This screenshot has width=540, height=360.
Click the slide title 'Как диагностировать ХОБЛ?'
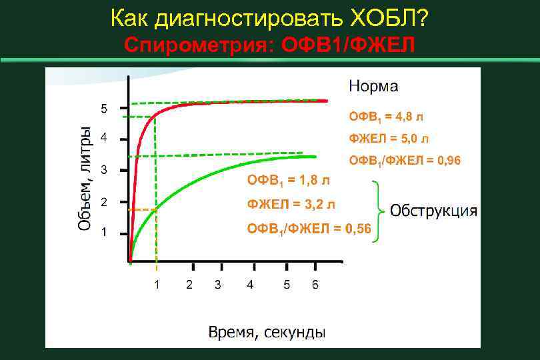[x=269, y=19]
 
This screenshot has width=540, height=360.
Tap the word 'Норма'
[x=373, y=86]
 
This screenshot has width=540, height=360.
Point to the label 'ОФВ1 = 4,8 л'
[x=386, y=117]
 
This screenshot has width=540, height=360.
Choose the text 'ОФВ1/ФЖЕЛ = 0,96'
[x=405, y=161]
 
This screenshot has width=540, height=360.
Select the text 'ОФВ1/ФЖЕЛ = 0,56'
[x=309, y=229]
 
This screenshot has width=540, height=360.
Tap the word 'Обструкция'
[x=433, y=211]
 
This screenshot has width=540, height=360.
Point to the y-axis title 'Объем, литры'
[x=84, y=179]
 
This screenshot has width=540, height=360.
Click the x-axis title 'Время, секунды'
[x=267, y=332]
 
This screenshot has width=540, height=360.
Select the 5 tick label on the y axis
[x=103, y=108]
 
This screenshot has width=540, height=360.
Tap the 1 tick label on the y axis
[x=103, y=233]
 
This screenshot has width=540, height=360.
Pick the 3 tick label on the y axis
[x=103, y=171]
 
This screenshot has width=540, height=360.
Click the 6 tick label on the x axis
[x=315, y=285]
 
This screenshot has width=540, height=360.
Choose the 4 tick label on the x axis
[x=249, y=285]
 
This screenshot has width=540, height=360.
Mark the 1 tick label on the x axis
[x=157, y=285]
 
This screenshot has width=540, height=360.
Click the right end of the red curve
[x=326, y=101]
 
